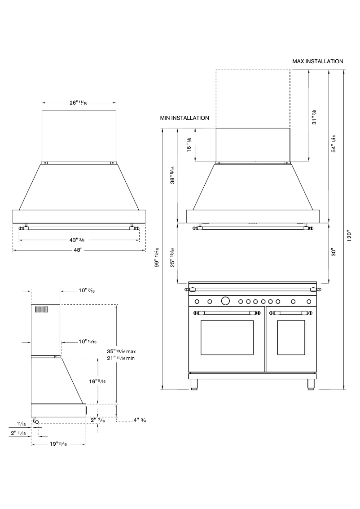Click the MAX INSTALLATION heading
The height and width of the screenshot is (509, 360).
point(318,61)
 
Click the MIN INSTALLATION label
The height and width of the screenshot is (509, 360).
point(184,118)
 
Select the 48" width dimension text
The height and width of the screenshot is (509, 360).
point(79,250)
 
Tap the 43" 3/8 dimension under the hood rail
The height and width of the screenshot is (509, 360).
point(79,239)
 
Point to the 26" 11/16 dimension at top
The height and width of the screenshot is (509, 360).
point(78,103)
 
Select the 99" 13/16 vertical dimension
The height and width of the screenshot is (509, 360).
point(156,257)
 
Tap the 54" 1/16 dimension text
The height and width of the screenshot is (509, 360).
point(334,143)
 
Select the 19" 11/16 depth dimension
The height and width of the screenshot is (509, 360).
point(58,444)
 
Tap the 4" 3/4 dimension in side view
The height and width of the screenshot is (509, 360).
point(140,421)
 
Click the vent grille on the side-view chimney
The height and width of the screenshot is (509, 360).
point(41,310)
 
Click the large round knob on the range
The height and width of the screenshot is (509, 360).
point(226,300)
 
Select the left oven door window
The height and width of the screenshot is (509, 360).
point(226,341)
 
